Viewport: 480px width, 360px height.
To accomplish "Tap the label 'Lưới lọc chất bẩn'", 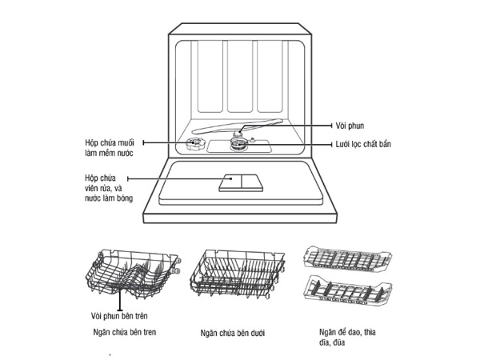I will coord(365,144).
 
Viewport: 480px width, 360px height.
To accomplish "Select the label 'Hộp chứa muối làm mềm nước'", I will coord(110,147).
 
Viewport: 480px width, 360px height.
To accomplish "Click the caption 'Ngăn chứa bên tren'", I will coord(124,330).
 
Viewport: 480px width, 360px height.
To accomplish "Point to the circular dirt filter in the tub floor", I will coord(238,144).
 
